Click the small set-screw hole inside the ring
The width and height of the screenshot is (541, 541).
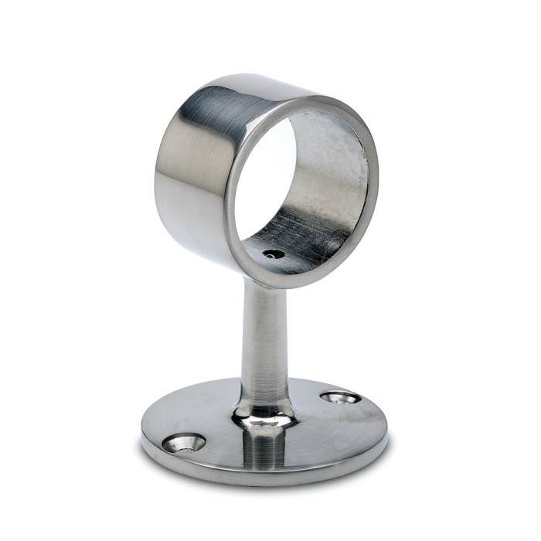click(272, 253)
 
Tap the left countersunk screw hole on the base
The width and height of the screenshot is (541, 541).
click(184, 443)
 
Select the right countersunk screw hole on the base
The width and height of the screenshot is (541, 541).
click(340, 397)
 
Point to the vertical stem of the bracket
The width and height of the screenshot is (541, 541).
click(264, 340)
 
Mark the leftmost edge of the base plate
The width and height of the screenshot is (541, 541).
click(142, 433)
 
